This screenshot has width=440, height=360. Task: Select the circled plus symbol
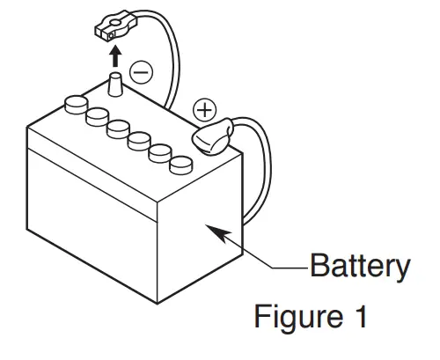click(204, 111)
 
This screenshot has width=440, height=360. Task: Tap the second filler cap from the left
click(96, 115)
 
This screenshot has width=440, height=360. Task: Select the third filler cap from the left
click(117, 128)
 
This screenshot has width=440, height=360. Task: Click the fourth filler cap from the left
click(138, 139)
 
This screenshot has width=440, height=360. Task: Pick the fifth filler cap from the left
click(160, 151)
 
